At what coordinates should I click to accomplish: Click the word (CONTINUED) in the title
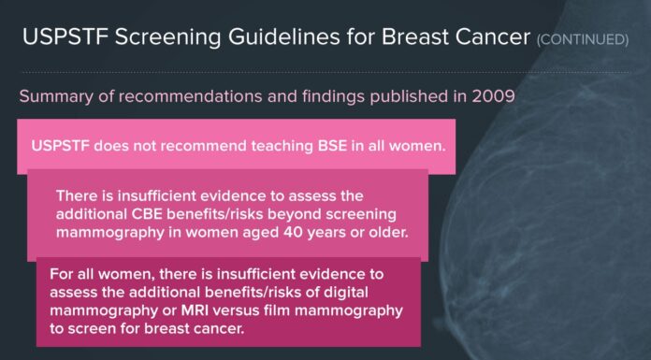[582, 40]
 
